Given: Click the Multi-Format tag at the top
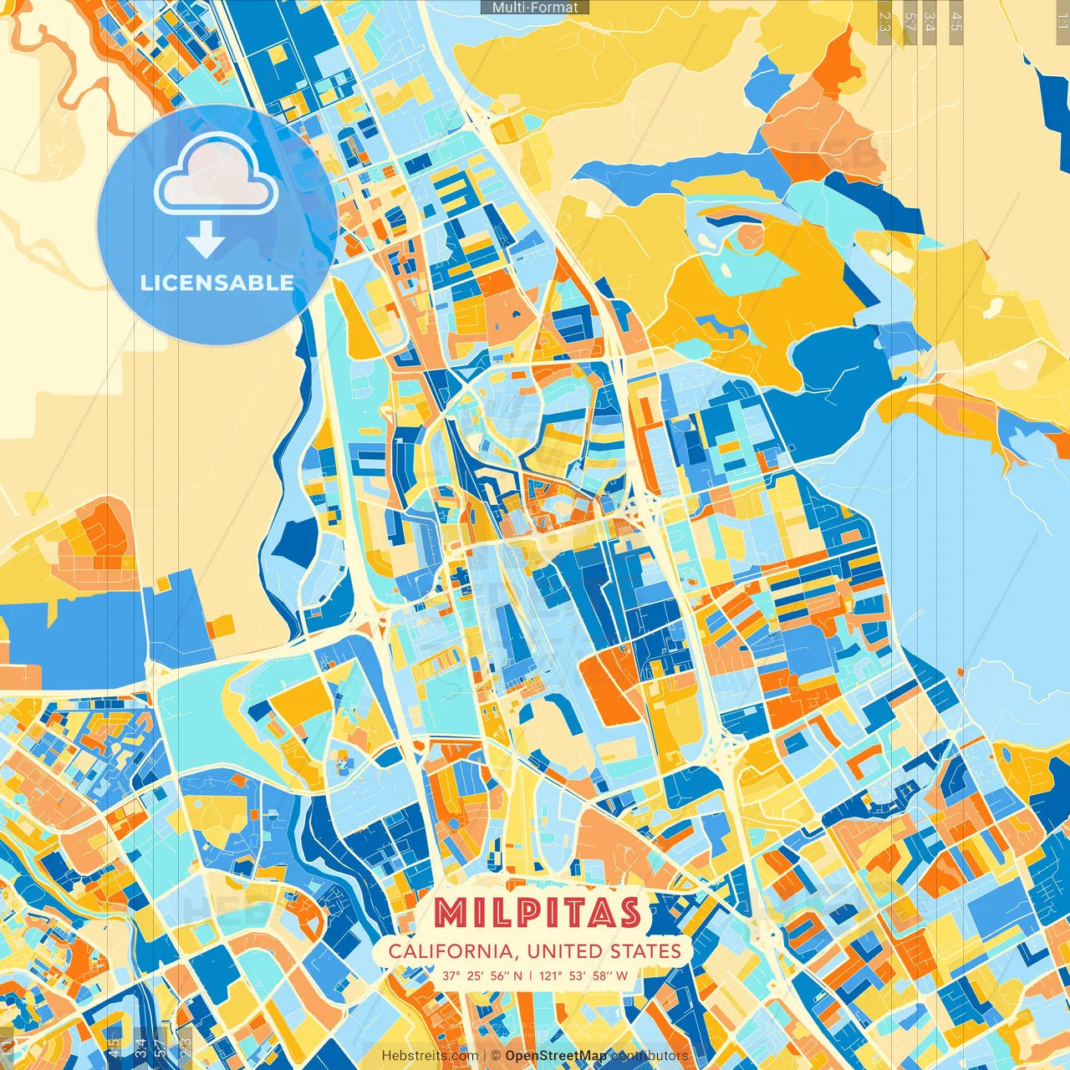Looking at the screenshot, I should (535, 8).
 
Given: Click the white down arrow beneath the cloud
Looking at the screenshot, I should (206, 239).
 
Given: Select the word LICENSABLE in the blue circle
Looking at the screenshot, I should (217, 283).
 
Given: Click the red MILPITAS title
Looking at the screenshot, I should (537, 912).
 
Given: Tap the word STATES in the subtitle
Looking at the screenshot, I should (645, 951).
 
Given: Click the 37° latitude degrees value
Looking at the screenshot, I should (452, 976).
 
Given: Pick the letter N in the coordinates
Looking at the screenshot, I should (518, 976).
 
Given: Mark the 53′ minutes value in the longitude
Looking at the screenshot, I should (580, 976).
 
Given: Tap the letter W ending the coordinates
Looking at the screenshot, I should (622, 976).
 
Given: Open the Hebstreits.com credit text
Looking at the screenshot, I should (430, 1056).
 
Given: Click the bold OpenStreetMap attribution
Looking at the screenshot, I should (556, 1056).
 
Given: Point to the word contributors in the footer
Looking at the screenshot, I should (650, 1056).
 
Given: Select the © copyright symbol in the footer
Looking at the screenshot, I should (495, 1056).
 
